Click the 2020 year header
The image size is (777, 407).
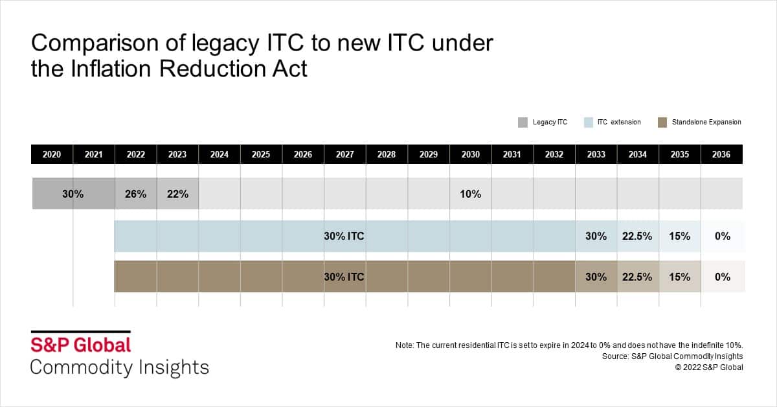pyautogui.click(x=52, y=154)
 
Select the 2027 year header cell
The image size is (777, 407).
pyautogui.click(x=345, y=154)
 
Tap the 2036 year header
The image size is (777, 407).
pyautogui.click(x=721, y=154)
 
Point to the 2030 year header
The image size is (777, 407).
pyautogui.click(x=471, y=154)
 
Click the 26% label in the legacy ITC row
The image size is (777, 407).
pyautogui.click(x=135, y=194)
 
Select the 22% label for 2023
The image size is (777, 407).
pyautogui.click(x=177, y=194)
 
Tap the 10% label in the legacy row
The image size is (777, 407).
pyautogui.click(x=471, y=194)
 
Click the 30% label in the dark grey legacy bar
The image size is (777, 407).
pyautogui.click(x=73, y=194)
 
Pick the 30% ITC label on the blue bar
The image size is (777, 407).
pyautogui.click(x=344, y=237)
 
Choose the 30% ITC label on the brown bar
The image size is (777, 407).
pyautogui.click(x=344, y=277)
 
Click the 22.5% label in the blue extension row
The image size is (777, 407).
pyautogui.click(x=638, y=237)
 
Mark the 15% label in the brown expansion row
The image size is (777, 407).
pyautogui.click(x=680, y=277)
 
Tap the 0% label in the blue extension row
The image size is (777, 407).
pyautogui.click(x=723, y=237)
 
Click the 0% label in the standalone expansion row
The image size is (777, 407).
pyautogui.click(x=723, y=277)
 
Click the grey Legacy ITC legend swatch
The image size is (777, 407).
pyautogui.click(x=523, y=122)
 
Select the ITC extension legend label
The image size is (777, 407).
pyautogui.click(x=620, y=122)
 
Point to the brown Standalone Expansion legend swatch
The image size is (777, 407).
pyautogui.click(x=662, y=122)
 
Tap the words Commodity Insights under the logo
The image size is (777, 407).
pyautogui.click(x=120, y=367)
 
